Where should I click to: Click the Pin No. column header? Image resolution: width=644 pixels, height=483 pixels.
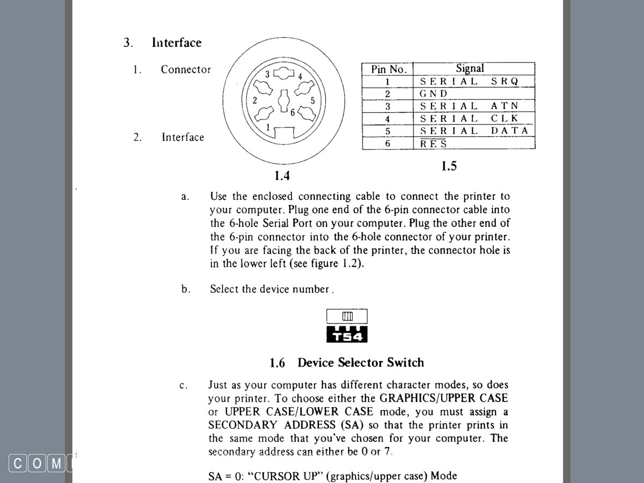[389, 69]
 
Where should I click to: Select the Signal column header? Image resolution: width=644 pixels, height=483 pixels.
[470, 68]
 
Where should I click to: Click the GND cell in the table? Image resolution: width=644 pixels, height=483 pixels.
[434, 93]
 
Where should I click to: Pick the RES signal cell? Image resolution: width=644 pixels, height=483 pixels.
[434, 143]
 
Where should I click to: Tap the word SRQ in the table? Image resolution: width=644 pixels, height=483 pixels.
[504, 82]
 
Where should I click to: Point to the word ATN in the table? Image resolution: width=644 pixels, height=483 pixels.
[504, 106]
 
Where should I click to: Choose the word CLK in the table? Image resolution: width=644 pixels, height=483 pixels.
[504, 119]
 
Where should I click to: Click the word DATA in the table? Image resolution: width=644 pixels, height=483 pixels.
[509, 131]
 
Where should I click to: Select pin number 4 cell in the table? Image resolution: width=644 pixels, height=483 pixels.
[387, 119]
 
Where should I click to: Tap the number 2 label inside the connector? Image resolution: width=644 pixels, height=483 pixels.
[255, 100]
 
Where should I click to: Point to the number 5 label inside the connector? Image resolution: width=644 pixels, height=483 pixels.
[313, 100]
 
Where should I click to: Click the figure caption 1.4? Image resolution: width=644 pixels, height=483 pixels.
[282, 175]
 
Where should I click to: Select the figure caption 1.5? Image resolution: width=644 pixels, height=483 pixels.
[449, 166]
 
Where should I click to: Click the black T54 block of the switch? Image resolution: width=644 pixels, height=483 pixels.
[347, 334]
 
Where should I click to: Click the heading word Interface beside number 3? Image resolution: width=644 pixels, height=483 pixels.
[177, 43]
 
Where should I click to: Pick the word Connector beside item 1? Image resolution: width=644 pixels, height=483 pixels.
[186, 70]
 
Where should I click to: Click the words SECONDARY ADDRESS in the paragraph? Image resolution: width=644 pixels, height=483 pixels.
[273, 425]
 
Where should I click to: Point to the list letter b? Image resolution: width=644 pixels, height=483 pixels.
[186, 289]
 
